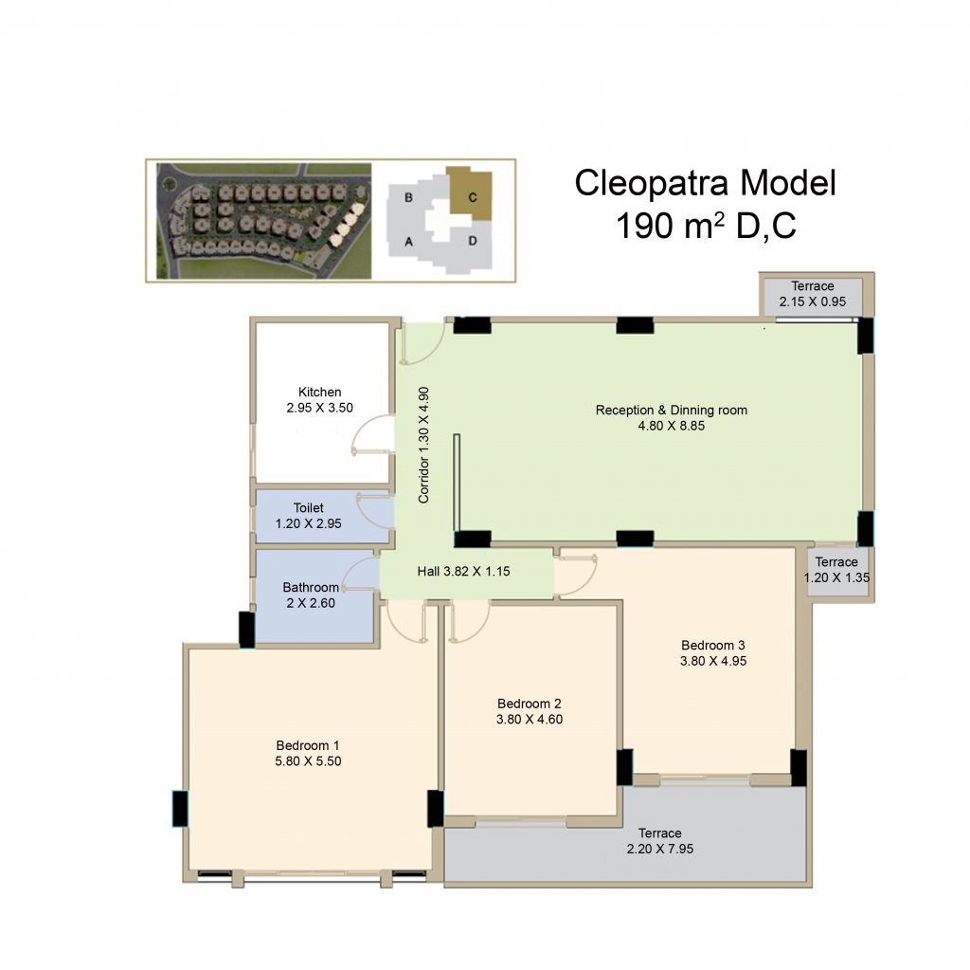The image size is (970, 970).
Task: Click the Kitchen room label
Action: click(x=320, y=393)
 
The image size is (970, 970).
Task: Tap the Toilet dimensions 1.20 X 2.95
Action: click(x=308, y=523)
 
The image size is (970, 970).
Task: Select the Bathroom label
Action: click(x=311, y=587)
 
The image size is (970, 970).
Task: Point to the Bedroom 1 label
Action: click(x=308, y=745)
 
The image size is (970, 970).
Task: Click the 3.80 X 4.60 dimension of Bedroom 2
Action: click(x=530, y=719)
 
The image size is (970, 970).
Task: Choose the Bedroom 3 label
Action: click(x=713, y=646)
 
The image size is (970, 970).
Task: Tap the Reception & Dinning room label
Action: click(x=672, y=410)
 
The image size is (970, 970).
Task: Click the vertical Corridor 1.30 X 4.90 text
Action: click(x=423, y=445)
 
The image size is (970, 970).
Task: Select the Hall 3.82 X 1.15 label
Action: click(x=463, y=571)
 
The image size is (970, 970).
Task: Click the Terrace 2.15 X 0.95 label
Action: click(x=812, y=294)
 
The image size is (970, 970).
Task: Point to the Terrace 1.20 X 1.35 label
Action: click(x=836, y=570)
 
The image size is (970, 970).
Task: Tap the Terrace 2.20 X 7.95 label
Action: click(x=660, y=840)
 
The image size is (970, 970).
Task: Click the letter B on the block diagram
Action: click(x=408, y=197)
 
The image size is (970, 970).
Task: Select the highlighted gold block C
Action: click(x=470, y=192)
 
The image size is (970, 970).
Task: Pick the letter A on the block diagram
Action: click(x=408, y=242)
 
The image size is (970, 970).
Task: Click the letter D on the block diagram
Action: click(x=473, y=241)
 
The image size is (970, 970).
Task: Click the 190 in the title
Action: click(x=643, y=226)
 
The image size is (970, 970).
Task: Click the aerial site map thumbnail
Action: click(x=263, y=221)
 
